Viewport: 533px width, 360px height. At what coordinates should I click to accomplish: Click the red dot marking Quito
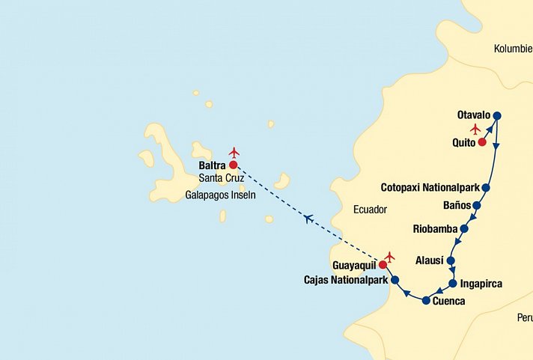482,142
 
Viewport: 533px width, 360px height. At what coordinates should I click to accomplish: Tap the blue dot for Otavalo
496,115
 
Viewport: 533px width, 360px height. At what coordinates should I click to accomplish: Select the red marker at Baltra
233,165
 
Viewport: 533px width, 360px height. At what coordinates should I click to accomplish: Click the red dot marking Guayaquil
383,264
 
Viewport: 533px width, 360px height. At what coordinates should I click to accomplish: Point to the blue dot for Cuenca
426,301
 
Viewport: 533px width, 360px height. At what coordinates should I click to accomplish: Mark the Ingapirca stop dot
453,284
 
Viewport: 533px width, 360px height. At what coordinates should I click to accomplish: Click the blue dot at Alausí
451,260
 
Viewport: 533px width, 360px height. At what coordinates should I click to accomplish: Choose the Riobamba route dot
464,228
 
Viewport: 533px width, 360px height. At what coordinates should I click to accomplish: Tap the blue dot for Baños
476,204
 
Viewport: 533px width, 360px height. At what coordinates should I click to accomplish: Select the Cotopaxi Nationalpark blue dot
485,187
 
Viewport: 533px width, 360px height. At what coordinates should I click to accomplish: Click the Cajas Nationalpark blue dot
395,280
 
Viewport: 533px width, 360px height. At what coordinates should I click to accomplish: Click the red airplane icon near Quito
475,129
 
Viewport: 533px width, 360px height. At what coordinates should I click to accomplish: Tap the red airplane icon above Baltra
234,153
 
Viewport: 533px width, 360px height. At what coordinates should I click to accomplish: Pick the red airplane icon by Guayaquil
389,257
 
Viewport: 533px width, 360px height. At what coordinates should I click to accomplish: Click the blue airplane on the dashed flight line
308,218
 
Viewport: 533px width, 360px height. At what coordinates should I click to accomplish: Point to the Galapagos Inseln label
220,195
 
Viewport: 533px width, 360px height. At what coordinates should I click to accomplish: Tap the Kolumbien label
513,49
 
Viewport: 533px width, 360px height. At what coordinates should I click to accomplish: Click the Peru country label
524,317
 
